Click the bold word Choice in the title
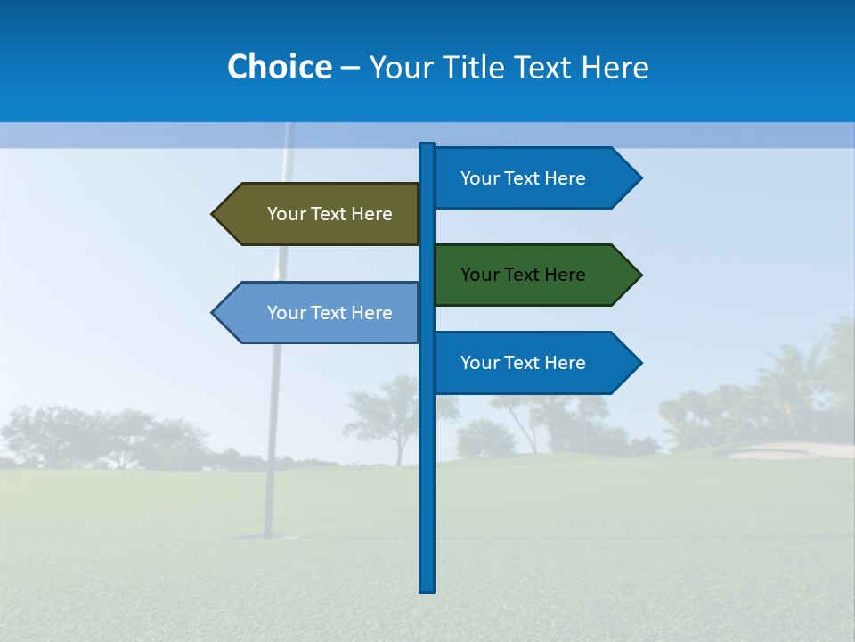[279, 67]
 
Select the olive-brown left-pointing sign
[321, 214]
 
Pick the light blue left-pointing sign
[321, 313]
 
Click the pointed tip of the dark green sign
[639, 275]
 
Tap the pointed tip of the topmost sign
[639, 178]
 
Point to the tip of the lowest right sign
[639, 363]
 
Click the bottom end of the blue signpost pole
[427, 588]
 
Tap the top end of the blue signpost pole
[427, 145]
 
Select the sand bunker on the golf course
[784, 450]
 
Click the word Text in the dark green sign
[523, 275]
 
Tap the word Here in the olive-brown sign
[371, 214]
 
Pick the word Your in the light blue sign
[286, 313]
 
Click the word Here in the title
[615, 68]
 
